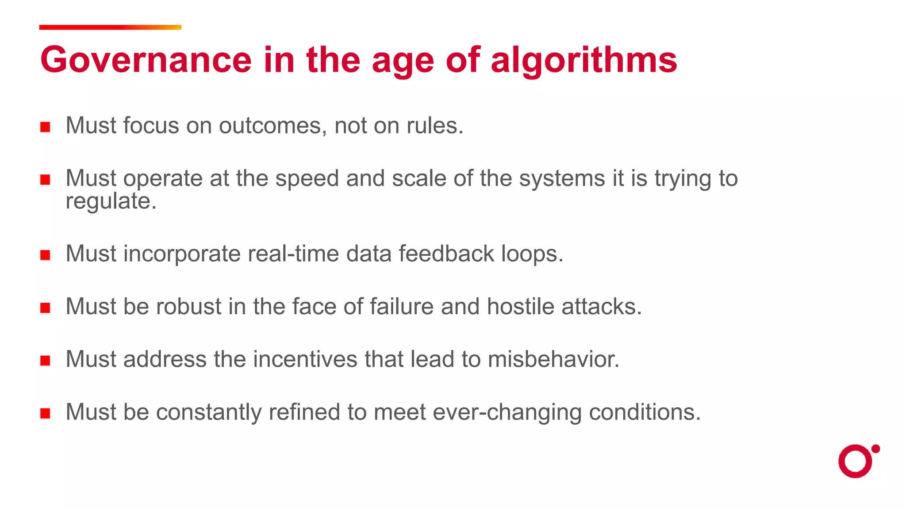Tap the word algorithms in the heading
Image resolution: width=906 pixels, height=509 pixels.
pos(584,61)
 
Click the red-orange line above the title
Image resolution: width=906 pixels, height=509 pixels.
pos(110,27)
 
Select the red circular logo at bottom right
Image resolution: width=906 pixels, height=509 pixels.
pos(856,461)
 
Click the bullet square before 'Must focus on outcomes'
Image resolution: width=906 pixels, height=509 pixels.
pos(45,127)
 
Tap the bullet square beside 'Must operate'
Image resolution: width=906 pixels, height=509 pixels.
pos(45,180)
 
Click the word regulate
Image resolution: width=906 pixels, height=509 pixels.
pos(111,201)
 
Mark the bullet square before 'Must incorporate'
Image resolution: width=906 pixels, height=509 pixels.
pos(45,255)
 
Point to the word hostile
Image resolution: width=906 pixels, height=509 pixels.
pos(520,306)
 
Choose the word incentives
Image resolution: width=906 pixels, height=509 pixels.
pos(305,359)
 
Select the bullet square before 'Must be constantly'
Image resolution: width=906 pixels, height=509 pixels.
pos(45,413)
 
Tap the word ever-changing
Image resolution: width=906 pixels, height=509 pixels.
pos(507,413)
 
